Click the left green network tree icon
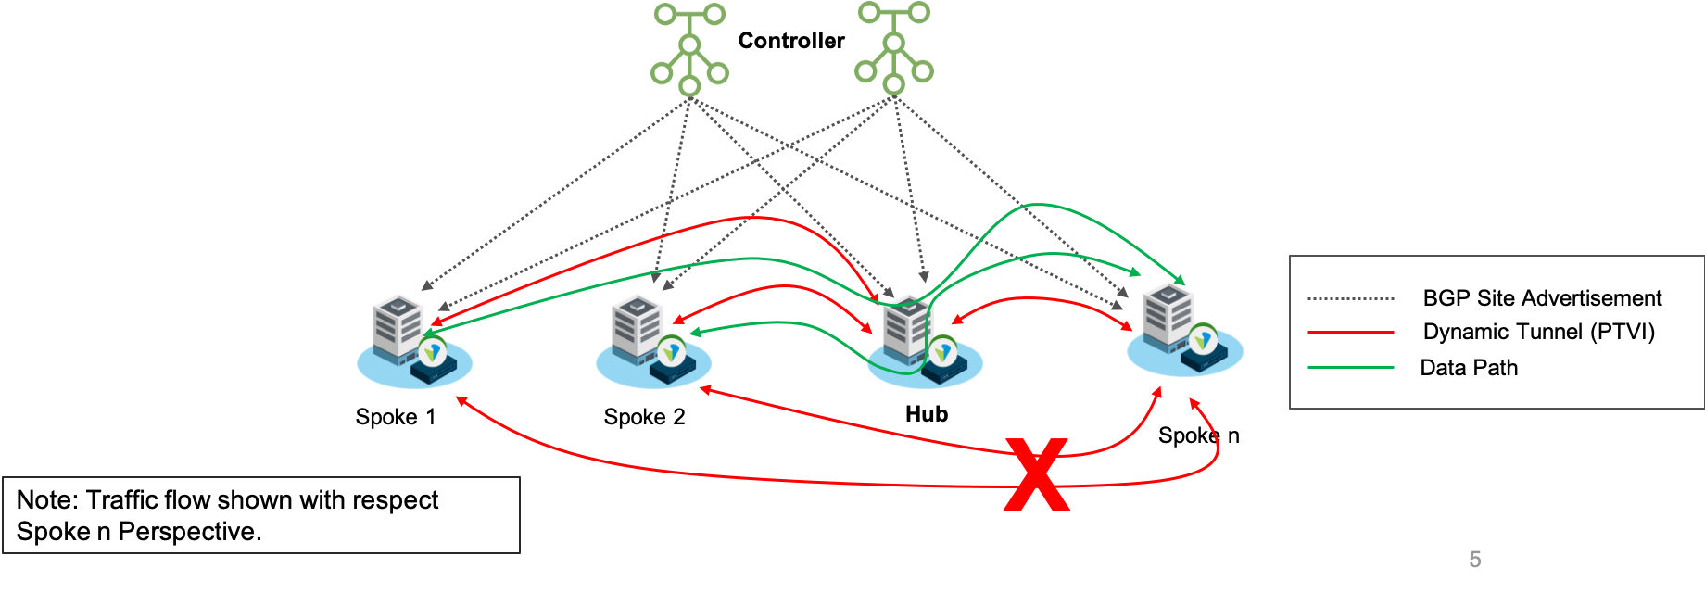[x=689, y=49]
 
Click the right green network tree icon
[x=893, y=47]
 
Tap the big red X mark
[x=1037, y=474]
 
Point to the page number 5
[x=1475, y=559]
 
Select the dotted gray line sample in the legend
[x=1350, y=299]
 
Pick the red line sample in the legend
[x=1350, y=332]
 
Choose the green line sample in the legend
[x=1350, y=368]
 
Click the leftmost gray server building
[x=398, y=326]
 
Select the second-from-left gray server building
[x=637, y=326]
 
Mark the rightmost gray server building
[x=1168, y=314]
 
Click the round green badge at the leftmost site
[x=432, y=351]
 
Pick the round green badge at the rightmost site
[x=1203, y=340]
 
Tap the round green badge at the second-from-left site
[x=672, y=351]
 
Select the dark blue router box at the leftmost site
[x=435, y=372]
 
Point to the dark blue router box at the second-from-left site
[x=674, y=372]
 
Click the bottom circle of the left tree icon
[x=689, y=86]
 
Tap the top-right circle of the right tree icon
[x=918, y=13]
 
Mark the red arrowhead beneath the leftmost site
[x=459, y=400]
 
